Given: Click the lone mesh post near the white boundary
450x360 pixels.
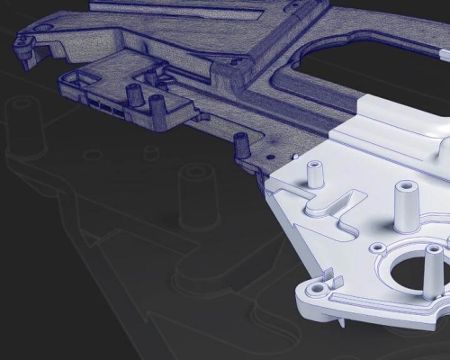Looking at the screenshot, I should tap(240, 144).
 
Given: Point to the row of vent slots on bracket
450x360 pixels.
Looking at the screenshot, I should tap(106, 106).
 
